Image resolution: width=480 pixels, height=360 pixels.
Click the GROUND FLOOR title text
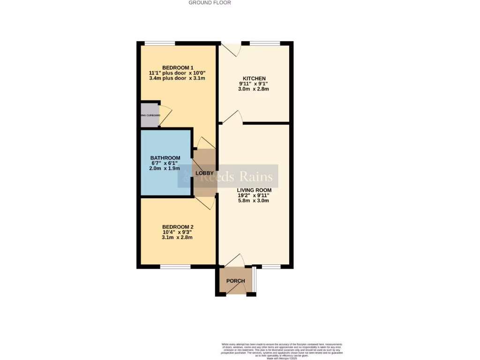[x=210, y=3]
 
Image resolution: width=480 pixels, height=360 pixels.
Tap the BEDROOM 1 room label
[x=177, y=67]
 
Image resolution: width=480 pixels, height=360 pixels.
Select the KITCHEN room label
[x=254, y=78]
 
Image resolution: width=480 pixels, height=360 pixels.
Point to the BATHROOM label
[x=165, y=157]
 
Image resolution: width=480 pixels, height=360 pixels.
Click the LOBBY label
[x=204, y=173]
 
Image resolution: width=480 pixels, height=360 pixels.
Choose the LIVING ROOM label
[x=254, y=190]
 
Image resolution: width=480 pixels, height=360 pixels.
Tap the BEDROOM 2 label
[x=177, y=227]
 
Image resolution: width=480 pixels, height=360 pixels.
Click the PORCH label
[x=235, y=281]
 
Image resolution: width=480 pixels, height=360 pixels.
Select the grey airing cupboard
[x=150, y=115]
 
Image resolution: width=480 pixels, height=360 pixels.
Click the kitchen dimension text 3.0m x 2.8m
[x=254, y=89]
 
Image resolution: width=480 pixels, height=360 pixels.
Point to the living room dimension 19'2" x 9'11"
[x=254, y=195]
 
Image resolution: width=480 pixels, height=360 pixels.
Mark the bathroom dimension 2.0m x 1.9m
[x=165, y=168]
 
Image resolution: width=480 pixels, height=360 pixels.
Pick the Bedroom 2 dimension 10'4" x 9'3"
[x=177, y=232]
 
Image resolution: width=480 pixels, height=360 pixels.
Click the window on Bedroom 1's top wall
[x=159, y=44]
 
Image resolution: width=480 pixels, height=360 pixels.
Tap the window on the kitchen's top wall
[x=265, y=44]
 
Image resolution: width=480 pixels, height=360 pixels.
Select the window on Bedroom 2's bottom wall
[x=175, y=267]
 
